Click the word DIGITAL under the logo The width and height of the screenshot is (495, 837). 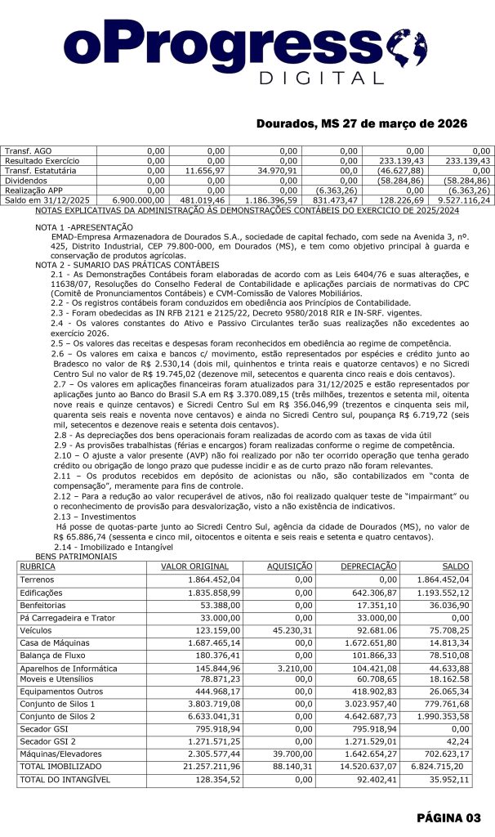coord(325,78)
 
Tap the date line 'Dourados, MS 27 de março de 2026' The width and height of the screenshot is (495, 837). coord(361,123)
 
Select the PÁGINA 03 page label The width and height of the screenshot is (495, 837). coord(450,817)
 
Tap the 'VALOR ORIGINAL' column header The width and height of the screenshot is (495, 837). coord(190,566)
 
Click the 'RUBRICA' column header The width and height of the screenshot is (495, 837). coord(38,566)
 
